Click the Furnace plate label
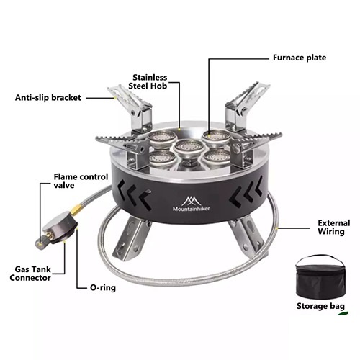pos(300,58)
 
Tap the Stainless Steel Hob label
pos(148,82)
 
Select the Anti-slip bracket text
pos(48,98)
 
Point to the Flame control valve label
pos(81,181)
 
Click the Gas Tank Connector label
pos(30,274)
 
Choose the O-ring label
pos(103,287)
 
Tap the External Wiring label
pos(334,227)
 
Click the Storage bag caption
pos(320,306)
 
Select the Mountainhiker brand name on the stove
pos(192,209)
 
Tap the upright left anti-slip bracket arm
pos(130,106)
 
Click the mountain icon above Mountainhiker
pos(192,200)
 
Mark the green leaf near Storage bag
pos(343,313)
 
